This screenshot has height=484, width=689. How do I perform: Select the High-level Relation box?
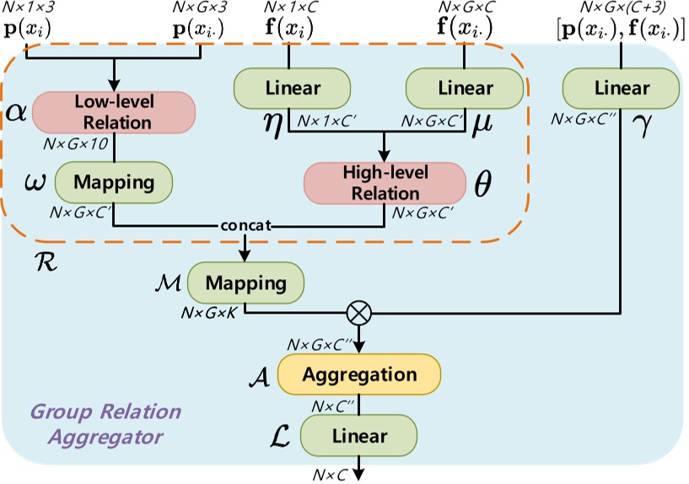click(385, 182)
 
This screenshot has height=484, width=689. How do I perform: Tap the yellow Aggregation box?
click(359, 374)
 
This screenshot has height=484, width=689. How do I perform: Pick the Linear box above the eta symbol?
click(290, 88)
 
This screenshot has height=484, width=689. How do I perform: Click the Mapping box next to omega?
click(113, 180)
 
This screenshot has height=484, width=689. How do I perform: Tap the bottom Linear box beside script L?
click(359, 436)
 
